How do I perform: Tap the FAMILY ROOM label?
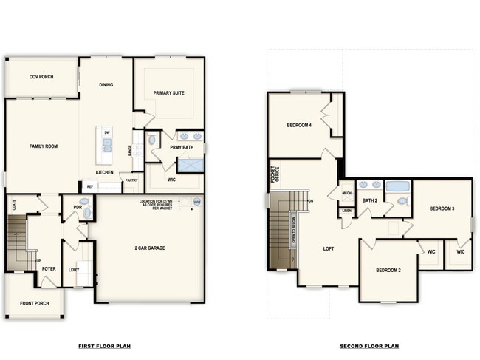[43, 146]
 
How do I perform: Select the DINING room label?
[106, 85]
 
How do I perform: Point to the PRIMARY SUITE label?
[168, 93]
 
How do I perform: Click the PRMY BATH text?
[181, 147]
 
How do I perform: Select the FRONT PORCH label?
[34, 303]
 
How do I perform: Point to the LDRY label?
[74, 269]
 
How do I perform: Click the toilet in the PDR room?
[86, 213]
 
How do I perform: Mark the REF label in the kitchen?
[89, 186]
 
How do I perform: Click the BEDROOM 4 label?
[299, 126]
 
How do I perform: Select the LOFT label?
[329, 248]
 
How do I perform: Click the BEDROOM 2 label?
[388, 270]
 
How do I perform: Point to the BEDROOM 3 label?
[442, 209]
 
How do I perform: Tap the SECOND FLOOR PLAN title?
[369, 345]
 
